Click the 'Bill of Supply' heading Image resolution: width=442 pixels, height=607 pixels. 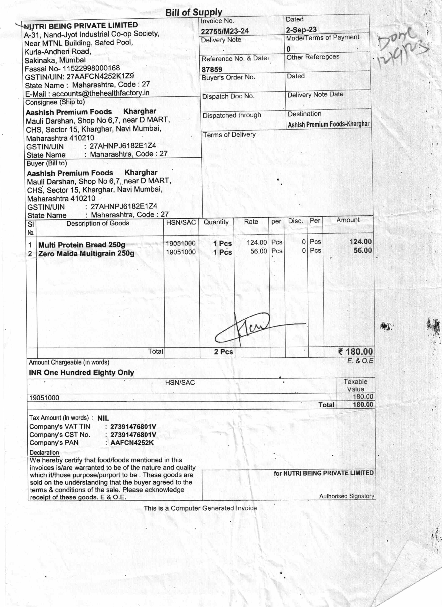(x=194, y=12)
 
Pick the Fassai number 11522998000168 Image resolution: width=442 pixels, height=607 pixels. (x=91, y=68)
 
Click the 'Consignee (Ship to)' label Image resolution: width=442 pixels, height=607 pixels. (x=55, y=102)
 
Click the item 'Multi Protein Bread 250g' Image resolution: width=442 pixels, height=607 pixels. (x=82, y=245)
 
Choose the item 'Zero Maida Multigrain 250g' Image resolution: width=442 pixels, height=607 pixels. (x=86, y=253)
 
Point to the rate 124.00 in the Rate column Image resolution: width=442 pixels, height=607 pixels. (x=257, y=242)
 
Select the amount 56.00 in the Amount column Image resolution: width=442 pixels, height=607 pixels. (x=363, y=250)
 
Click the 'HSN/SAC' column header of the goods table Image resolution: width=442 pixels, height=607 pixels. (x=181, y=222)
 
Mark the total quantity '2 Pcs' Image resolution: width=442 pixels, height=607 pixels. (x=223, y=352)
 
